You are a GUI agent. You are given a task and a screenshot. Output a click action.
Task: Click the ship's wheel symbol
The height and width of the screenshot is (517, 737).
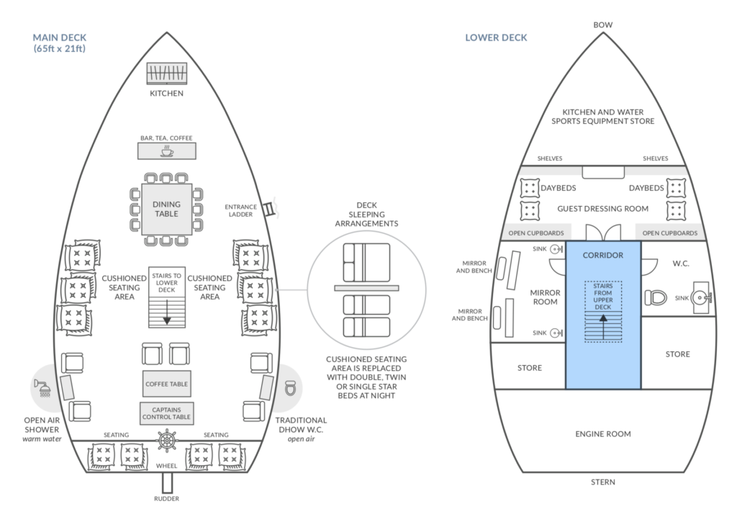pos(167,441)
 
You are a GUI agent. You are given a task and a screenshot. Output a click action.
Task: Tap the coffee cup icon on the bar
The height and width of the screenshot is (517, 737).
pos(167,151)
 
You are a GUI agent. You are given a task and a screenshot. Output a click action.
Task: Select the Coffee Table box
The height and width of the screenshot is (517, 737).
pos(167,384)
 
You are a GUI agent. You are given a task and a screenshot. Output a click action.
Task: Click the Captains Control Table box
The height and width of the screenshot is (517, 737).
pos(167,413)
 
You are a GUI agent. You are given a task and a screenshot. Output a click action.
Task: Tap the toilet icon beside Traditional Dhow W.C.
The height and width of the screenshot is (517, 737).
pos(291,388)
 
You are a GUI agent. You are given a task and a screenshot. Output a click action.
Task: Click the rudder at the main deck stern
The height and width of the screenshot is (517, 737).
pos(167,482)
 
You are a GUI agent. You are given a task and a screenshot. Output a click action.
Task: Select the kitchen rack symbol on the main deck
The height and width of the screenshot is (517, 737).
pos(167,74)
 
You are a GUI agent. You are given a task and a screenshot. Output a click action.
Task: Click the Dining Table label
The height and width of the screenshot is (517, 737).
pos(166,209)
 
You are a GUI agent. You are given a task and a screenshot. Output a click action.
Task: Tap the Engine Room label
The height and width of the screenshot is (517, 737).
pos(603,433)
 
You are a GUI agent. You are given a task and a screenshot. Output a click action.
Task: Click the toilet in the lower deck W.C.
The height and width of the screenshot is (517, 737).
pos(656,298)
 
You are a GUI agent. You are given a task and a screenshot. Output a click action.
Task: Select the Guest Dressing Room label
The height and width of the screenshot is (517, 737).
pos(603,208)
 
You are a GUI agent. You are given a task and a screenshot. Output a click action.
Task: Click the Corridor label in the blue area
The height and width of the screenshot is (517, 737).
pos(603,255)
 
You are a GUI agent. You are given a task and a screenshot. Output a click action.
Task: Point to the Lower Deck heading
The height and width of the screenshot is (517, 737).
pos(497,37)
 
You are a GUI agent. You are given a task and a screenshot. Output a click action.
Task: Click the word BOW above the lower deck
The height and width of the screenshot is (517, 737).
pos(603,25)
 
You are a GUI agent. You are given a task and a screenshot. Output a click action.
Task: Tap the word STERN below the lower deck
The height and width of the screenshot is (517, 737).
pos(603,482)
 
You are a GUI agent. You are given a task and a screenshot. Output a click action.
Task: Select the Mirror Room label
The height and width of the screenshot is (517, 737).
pos(546,297)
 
